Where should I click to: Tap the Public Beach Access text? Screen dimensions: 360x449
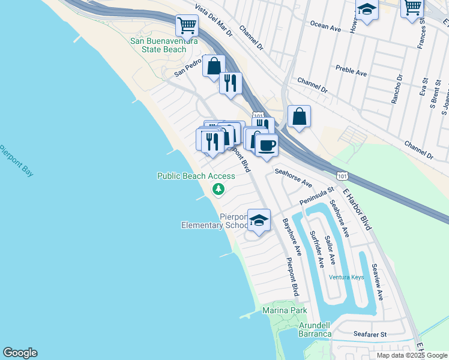tap(196, 176)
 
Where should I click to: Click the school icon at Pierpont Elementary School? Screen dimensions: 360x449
tap(259, 220)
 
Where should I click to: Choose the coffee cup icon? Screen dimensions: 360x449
tap(267, 144)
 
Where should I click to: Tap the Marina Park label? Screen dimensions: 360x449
tap(285, 310)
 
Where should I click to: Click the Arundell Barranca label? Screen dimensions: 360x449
tap(315, 329)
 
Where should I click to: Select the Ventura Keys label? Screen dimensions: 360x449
tap(346, 277)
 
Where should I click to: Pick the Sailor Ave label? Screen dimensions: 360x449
tap(330, 251)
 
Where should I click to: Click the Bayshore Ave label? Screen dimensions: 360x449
tap(292, 235)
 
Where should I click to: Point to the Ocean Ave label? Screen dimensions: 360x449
tap(325, 25)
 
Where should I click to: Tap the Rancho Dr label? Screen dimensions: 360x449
tap(397, 89)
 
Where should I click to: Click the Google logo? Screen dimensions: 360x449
tap(20, 353)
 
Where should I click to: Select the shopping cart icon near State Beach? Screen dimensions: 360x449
tap(187, 25)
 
